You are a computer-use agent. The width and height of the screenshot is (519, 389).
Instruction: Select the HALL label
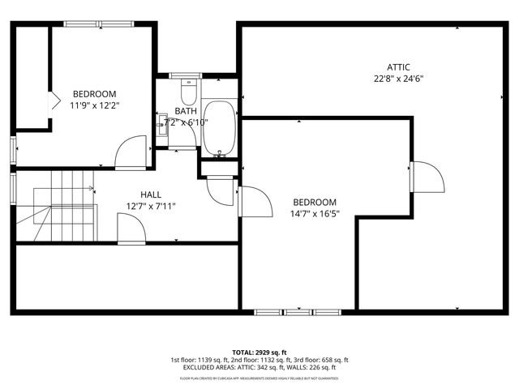tap(150, 194)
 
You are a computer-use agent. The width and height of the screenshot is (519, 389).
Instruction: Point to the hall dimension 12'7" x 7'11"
tap(151, 206)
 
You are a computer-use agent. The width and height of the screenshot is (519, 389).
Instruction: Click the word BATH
tap(184, 111)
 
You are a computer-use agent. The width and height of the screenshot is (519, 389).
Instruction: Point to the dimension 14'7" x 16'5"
tap(315, 214)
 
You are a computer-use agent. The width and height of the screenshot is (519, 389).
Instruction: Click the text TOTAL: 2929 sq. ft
tap(259, 352)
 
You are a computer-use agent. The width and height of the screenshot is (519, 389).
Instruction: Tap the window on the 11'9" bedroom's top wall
tap(90, 24)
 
